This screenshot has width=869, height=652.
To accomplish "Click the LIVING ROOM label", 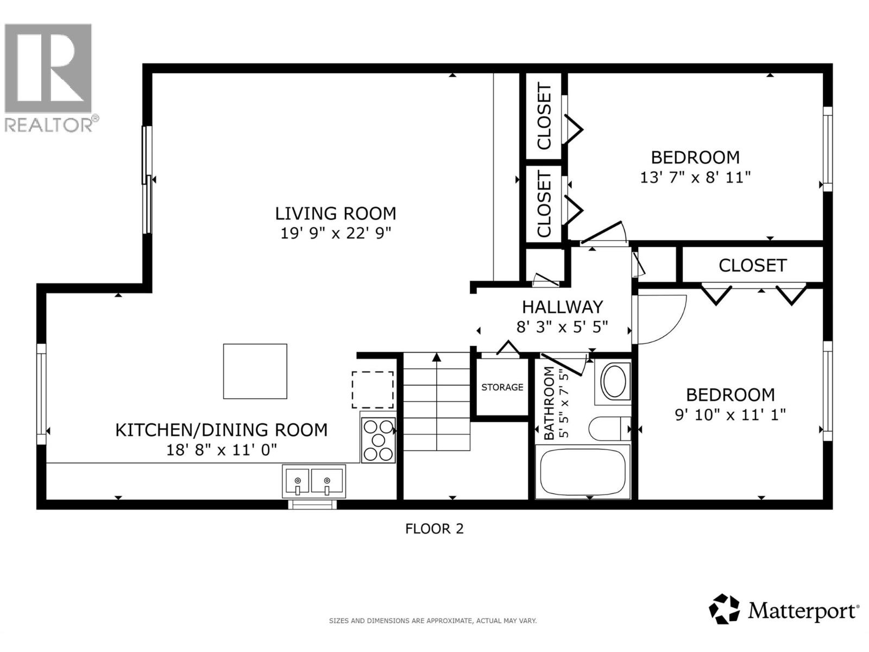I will (x=335, y=213).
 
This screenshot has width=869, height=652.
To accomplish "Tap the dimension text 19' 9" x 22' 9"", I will (x=335, y=233).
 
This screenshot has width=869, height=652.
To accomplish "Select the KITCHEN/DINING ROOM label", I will (x=221, y=430).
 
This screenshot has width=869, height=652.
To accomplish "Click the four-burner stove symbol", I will (x=378, y=441).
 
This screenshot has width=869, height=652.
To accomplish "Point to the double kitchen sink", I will (x=313, y=481).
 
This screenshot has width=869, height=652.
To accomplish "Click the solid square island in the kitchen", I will (x=255, y=371).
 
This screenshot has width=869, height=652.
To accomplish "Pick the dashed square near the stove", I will (x=373, y=390).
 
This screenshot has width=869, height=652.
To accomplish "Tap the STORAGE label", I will (x=502, y=387).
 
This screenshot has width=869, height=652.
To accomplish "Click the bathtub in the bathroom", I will (x=582, y=472).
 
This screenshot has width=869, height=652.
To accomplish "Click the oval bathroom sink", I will (x=614, y=381).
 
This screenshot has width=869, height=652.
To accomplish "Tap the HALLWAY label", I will (x=562, y=307).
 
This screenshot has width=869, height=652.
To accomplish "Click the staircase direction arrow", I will (x=436, y=358).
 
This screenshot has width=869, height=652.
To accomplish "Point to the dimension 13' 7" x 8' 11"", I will (x=695, y=177).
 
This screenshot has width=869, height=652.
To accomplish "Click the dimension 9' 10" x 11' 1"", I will (x=730, y=415).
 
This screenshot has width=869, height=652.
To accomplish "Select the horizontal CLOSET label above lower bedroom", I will (x=752, y=265).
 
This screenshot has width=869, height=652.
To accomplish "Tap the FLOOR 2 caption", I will (x=434, y=529).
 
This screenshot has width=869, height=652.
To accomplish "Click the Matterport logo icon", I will (x=724, y=609).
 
